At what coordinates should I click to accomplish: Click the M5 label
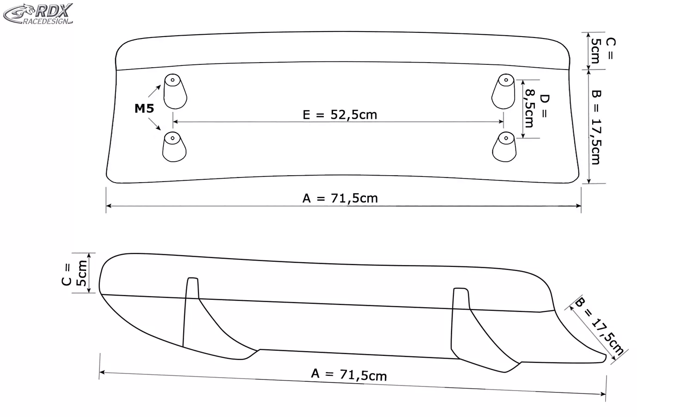point(144,109)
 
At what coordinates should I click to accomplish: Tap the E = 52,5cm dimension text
point(340,114)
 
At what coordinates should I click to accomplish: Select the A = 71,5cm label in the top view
point(340,198)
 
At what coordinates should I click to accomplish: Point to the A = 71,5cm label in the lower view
point(349,374)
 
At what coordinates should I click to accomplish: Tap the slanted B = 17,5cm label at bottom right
point(600,327)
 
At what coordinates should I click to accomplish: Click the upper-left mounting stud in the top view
point(175,91)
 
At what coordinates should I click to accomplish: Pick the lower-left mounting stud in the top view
point(174,147)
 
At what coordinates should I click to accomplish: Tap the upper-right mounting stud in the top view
point(503,91)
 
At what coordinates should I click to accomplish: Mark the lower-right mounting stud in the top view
point(504,147)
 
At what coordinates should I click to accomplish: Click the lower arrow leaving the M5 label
point(155,125)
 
